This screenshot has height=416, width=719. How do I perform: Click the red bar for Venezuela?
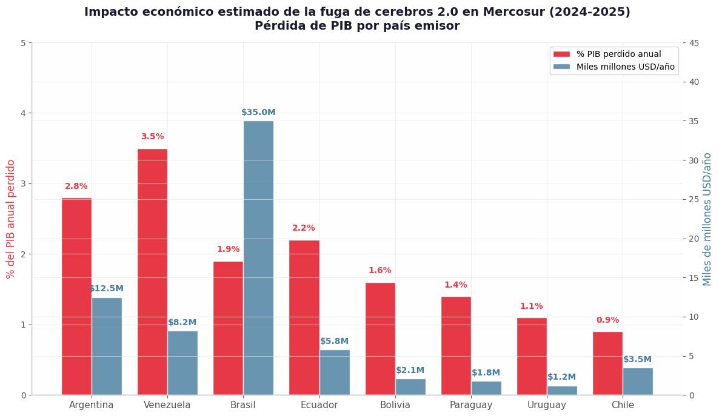(152, 272)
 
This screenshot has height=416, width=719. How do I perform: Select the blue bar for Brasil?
(258, 258)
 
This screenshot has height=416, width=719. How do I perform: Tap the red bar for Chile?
(607, 363)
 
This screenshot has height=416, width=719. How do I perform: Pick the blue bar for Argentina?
(107, 346)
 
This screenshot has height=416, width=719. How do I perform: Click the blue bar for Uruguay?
(562, 391)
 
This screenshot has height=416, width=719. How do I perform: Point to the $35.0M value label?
(258, 112)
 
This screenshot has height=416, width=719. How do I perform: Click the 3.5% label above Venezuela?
(152, 136)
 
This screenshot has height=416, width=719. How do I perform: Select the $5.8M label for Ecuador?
(334, 342)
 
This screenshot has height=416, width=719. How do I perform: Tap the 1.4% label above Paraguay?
(456, 285)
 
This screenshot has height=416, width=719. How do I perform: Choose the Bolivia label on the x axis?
(395, 405)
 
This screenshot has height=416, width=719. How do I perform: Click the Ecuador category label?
(319, 405)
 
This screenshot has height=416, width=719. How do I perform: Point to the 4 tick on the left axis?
(23, 113)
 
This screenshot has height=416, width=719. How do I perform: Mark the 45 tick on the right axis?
(694, 43)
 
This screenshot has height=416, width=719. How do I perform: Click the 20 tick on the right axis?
(694, 239)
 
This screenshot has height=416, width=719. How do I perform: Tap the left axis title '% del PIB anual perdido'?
(10, 219)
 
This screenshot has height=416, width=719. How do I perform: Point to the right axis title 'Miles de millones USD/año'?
(707, 219)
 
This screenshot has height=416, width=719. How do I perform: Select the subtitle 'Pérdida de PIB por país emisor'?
(357, 26)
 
